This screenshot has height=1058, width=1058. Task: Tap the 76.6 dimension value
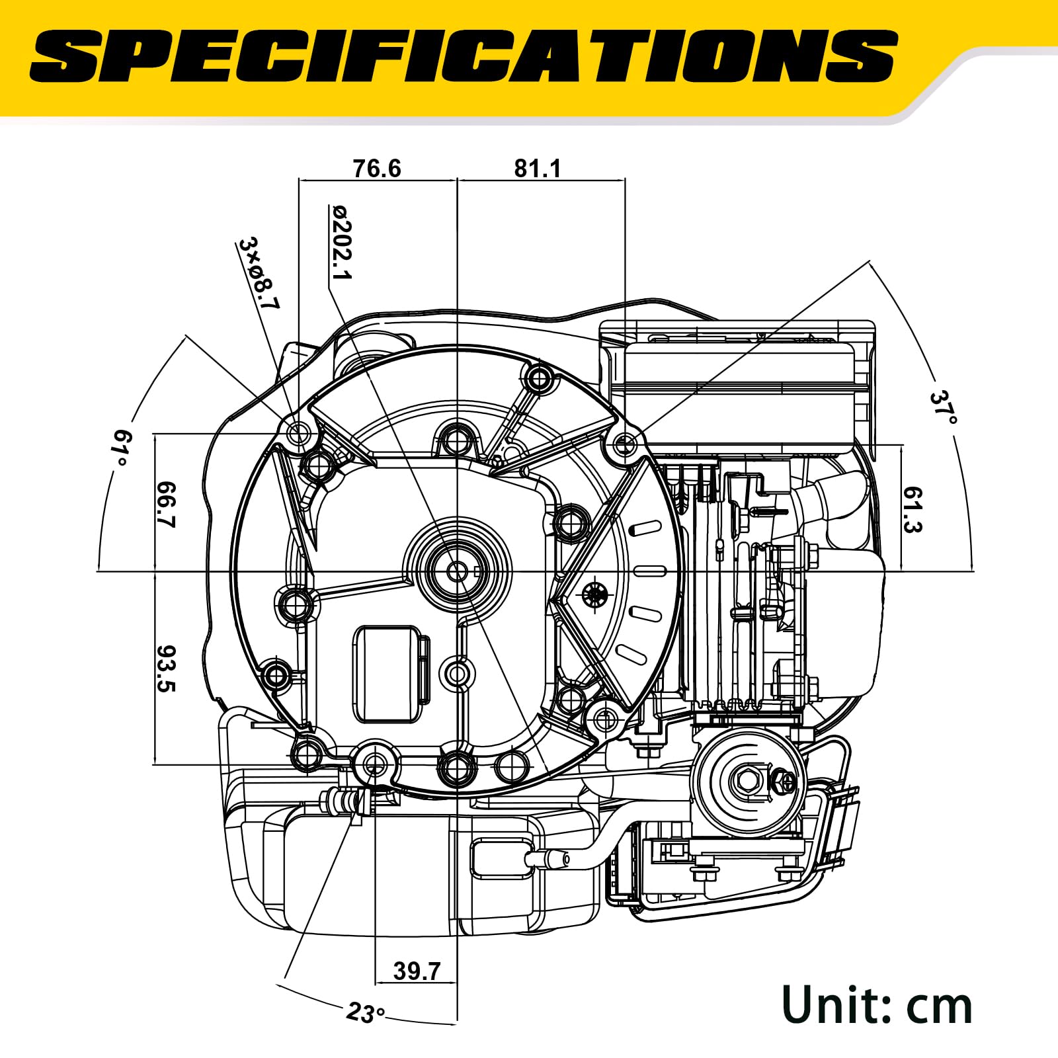[376, 169]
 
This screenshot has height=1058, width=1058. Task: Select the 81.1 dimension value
[538, 169]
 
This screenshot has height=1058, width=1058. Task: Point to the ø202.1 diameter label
[343, 242]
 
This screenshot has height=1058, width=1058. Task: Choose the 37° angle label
[944, 407]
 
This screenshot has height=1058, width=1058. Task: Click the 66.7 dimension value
[166, 505]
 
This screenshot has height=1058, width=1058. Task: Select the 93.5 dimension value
[166, 669]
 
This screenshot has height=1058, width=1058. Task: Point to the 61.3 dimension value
[913, 510]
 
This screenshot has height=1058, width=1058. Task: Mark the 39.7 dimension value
[417, 971]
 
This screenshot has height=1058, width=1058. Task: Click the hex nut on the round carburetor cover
[746, 781]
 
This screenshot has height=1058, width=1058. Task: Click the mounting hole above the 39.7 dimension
[375, 765]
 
